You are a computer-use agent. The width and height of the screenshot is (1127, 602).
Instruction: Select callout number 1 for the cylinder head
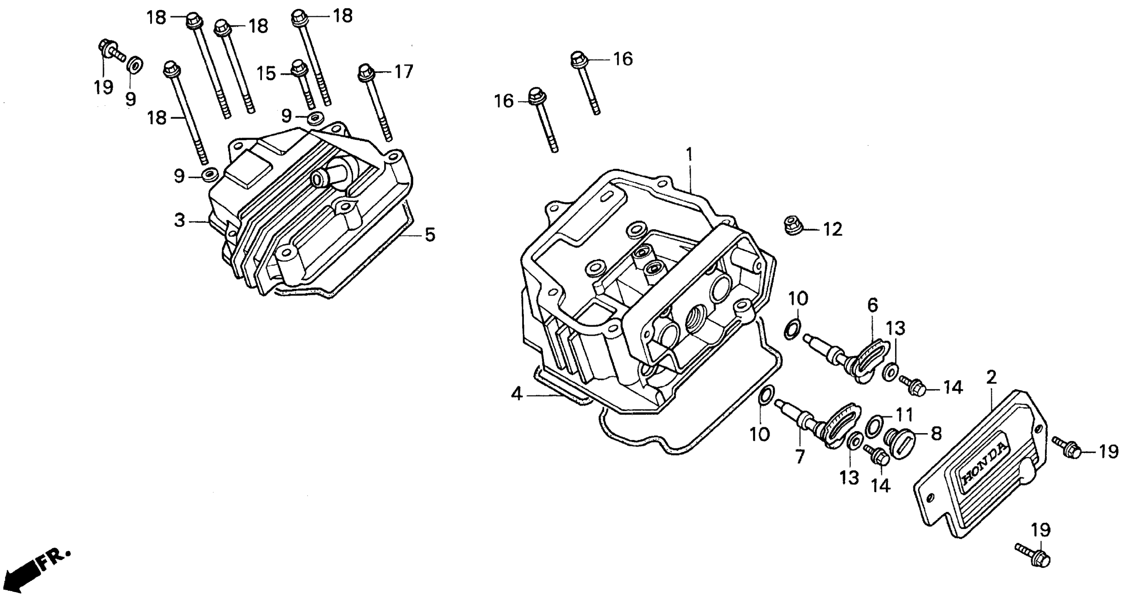click(690, 155)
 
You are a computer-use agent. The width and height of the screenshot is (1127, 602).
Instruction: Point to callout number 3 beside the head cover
click(179, 221)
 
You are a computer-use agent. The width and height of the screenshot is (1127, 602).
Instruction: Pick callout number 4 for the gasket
click(517, 394)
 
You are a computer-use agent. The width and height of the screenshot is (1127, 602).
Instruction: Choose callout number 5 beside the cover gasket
click(430, 235)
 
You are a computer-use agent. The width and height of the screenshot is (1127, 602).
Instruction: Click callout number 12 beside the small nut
click(832, 229)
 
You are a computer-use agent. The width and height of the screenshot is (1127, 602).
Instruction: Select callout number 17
click(403, 72)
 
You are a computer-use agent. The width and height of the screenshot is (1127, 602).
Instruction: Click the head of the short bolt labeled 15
click(299, 67)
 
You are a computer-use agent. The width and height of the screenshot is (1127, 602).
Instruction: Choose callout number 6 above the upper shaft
click(873, 306)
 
